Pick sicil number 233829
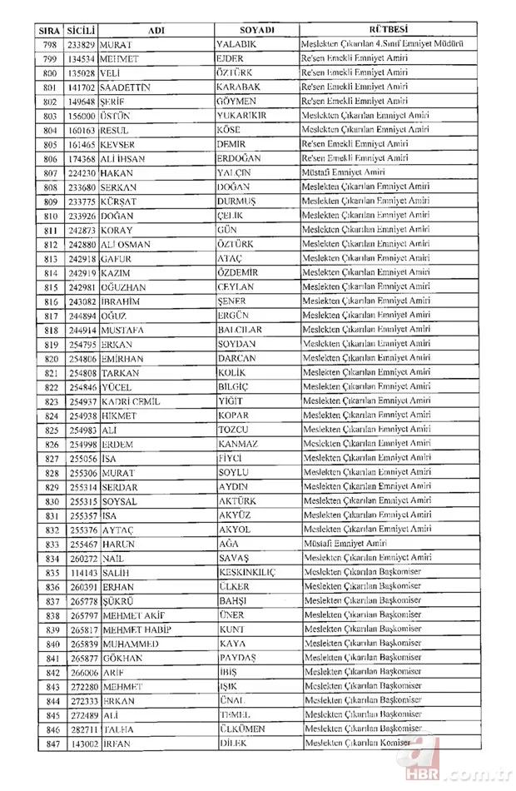82,43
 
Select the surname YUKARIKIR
241,115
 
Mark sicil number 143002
82,743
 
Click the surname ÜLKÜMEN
243,729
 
